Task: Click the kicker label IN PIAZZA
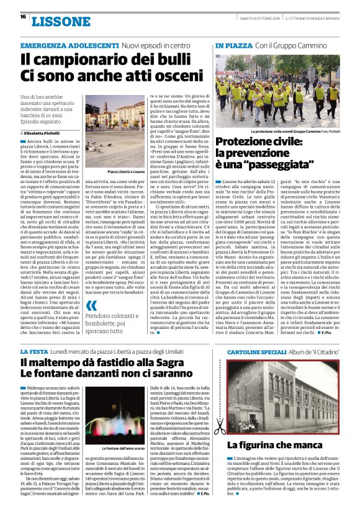click(x=234, y=47)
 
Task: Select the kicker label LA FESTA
click(x=34, y=352)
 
